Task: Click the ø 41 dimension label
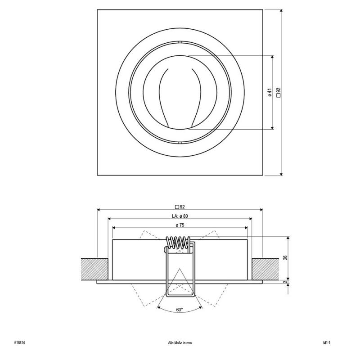[x=270, y=92]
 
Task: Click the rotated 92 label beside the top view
[x=279, y=93]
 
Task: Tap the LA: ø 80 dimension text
[x=180, y=216]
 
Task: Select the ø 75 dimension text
[x=180, y=225]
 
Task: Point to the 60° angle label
[x=180, y=310]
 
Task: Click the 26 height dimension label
[x=285, y=257]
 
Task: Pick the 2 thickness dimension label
[x=285, y=282]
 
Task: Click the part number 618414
[x=19, y=343]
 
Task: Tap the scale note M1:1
[x=327, y=343]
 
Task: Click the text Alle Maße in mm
[x=180, y=343]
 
